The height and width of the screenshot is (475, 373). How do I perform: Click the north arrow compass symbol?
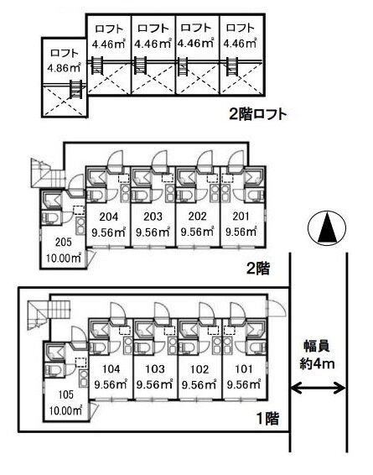[327, 227]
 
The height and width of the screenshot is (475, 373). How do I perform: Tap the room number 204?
[109, 217]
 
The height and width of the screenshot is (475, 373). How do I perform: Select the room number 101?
[244, 369]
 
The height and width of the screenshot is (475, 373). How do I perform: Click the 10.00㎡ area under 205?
[64, 258]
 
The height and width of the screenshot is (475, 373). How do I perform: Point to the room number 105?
[66, 394]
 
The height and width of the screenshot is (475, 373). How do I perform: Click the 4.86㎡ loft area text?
[64, 67]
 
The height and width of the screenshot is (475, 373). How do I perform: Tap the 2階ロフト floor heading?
[257, 115]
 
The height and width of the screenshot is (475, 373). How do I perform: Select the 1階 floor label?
[268, 419]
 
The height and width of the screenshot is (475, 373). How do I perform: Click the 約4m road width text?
[318, 363]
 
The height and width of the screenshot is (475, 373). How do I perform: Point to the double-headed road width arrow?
[318, 388]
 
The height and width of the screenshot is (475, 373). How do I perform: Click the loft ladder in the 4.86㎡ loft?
[75, 89]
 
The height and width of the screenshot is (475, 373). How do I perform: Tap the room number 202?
[198, 217]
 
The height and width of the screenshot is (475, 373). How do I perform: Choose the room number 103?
[155, 369]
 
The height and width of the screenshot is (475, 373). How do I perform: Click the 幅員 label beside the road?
[317, 347]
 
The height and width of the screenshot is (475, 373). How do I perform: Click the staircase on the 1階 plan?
[49, 315]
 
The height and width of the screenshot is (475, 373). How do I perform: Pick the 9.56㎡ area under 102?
[199, 384]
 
